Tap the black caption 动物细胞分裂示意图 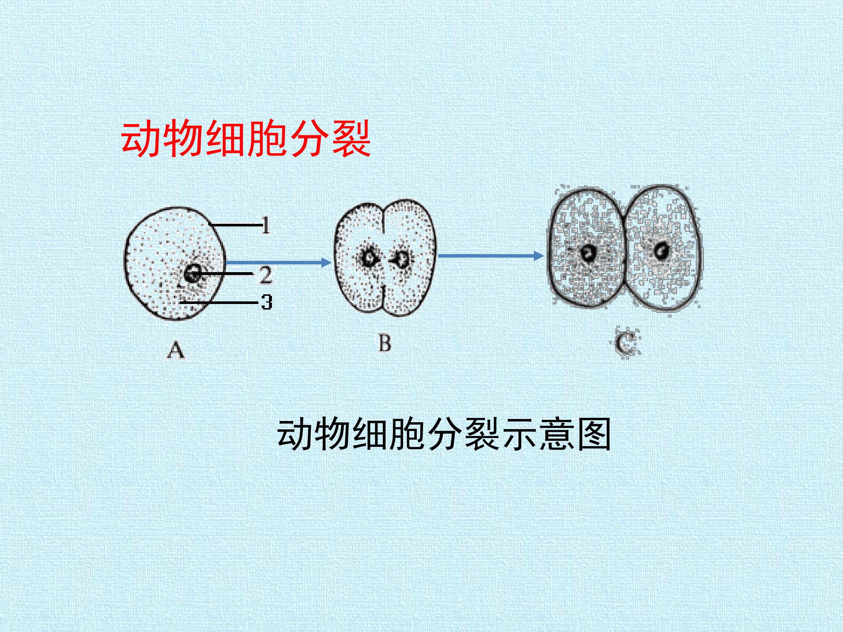[444, 435]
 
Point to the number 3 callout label [267, 303]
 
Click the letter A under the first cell [176, 350]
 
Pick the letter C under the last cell [626, 344]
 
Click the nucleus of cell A [193, 273]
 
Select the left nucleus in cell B [369, 258]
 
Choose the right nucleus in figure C [662, 251]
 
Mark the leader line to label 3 [220, 303]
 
